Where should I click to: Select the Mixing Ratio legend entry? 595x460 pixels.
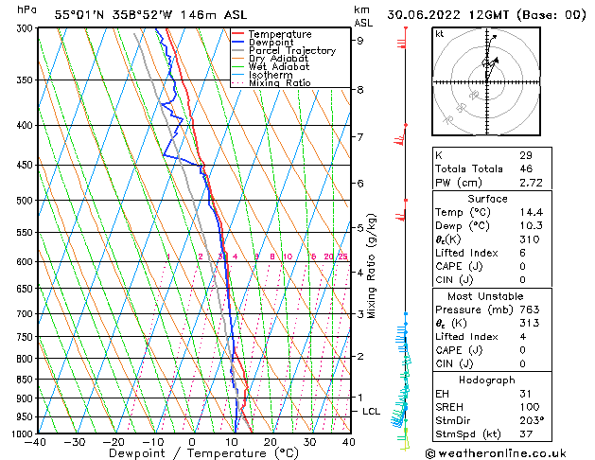[279, 83]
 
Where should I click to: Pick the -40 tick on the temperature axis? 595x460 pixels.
[37, 442]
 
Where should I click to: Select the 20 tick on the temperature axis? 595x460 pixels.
[271, 442]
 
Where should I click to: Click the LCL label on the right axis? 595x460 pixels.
[372, 412]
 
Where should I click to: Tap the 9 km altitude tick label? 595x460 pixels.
[360, 40]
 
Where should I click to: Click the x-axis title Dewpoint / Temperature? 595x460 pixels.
[193, 454]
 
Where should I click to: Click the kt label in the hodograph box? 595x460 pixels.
[440, 33]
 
